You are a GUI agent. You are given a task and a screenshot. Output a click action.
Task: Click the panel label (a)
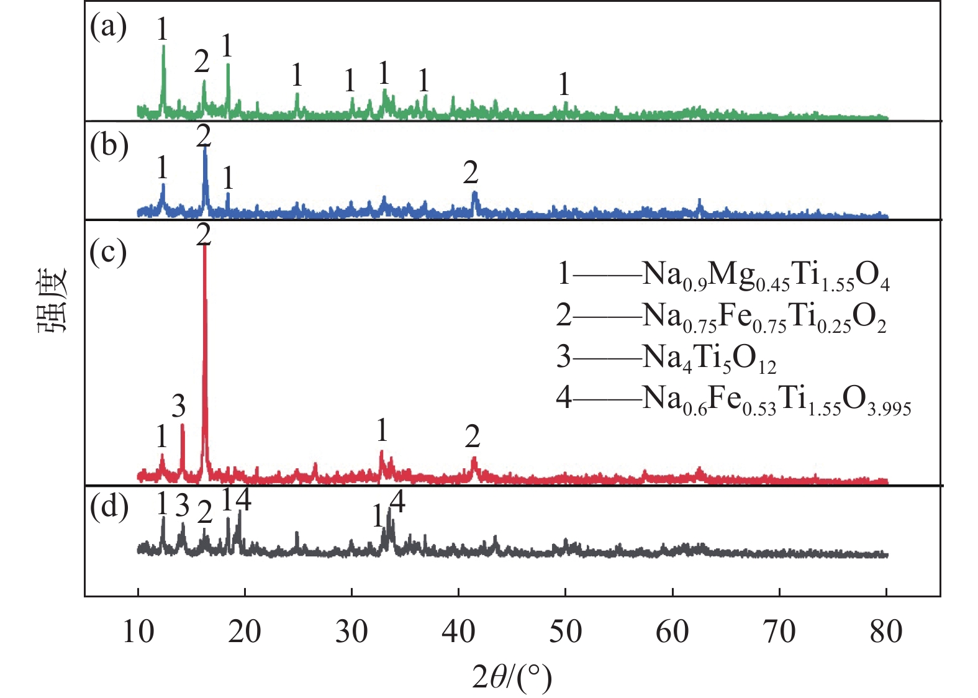(108, 27)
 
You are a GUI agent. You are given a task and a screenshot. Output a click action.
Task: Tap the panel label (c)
(108, 252)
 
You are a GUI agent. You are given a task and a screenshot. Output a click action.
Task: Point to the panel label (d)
(108, 507)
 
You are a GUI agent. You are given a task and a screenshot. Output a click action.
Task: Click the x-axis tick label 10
(138, 632)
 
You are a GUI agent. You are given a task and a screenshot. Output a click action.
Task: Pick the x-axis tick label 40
(458, 632)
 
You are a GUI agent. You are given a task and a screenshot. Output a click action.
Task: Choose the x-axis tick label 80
(885, 632)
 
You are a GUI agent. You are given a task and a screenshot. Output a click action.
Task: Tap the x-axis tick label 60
(672, 632)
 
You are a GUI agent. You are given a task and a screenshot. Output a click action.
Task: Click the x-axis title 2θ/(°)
(512, 677)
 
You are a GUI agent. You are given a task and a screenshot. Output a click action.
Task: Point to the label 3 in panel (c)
(179, 407)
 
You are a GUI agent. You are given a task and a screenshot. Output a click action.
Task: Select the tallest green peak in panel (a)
(163, 46)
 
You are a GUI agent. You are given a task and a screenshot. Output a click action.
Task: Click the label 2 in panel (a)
(202, 61)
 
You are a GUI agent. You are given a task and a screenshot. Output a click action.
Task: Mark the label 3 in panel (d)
(182, 505)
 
